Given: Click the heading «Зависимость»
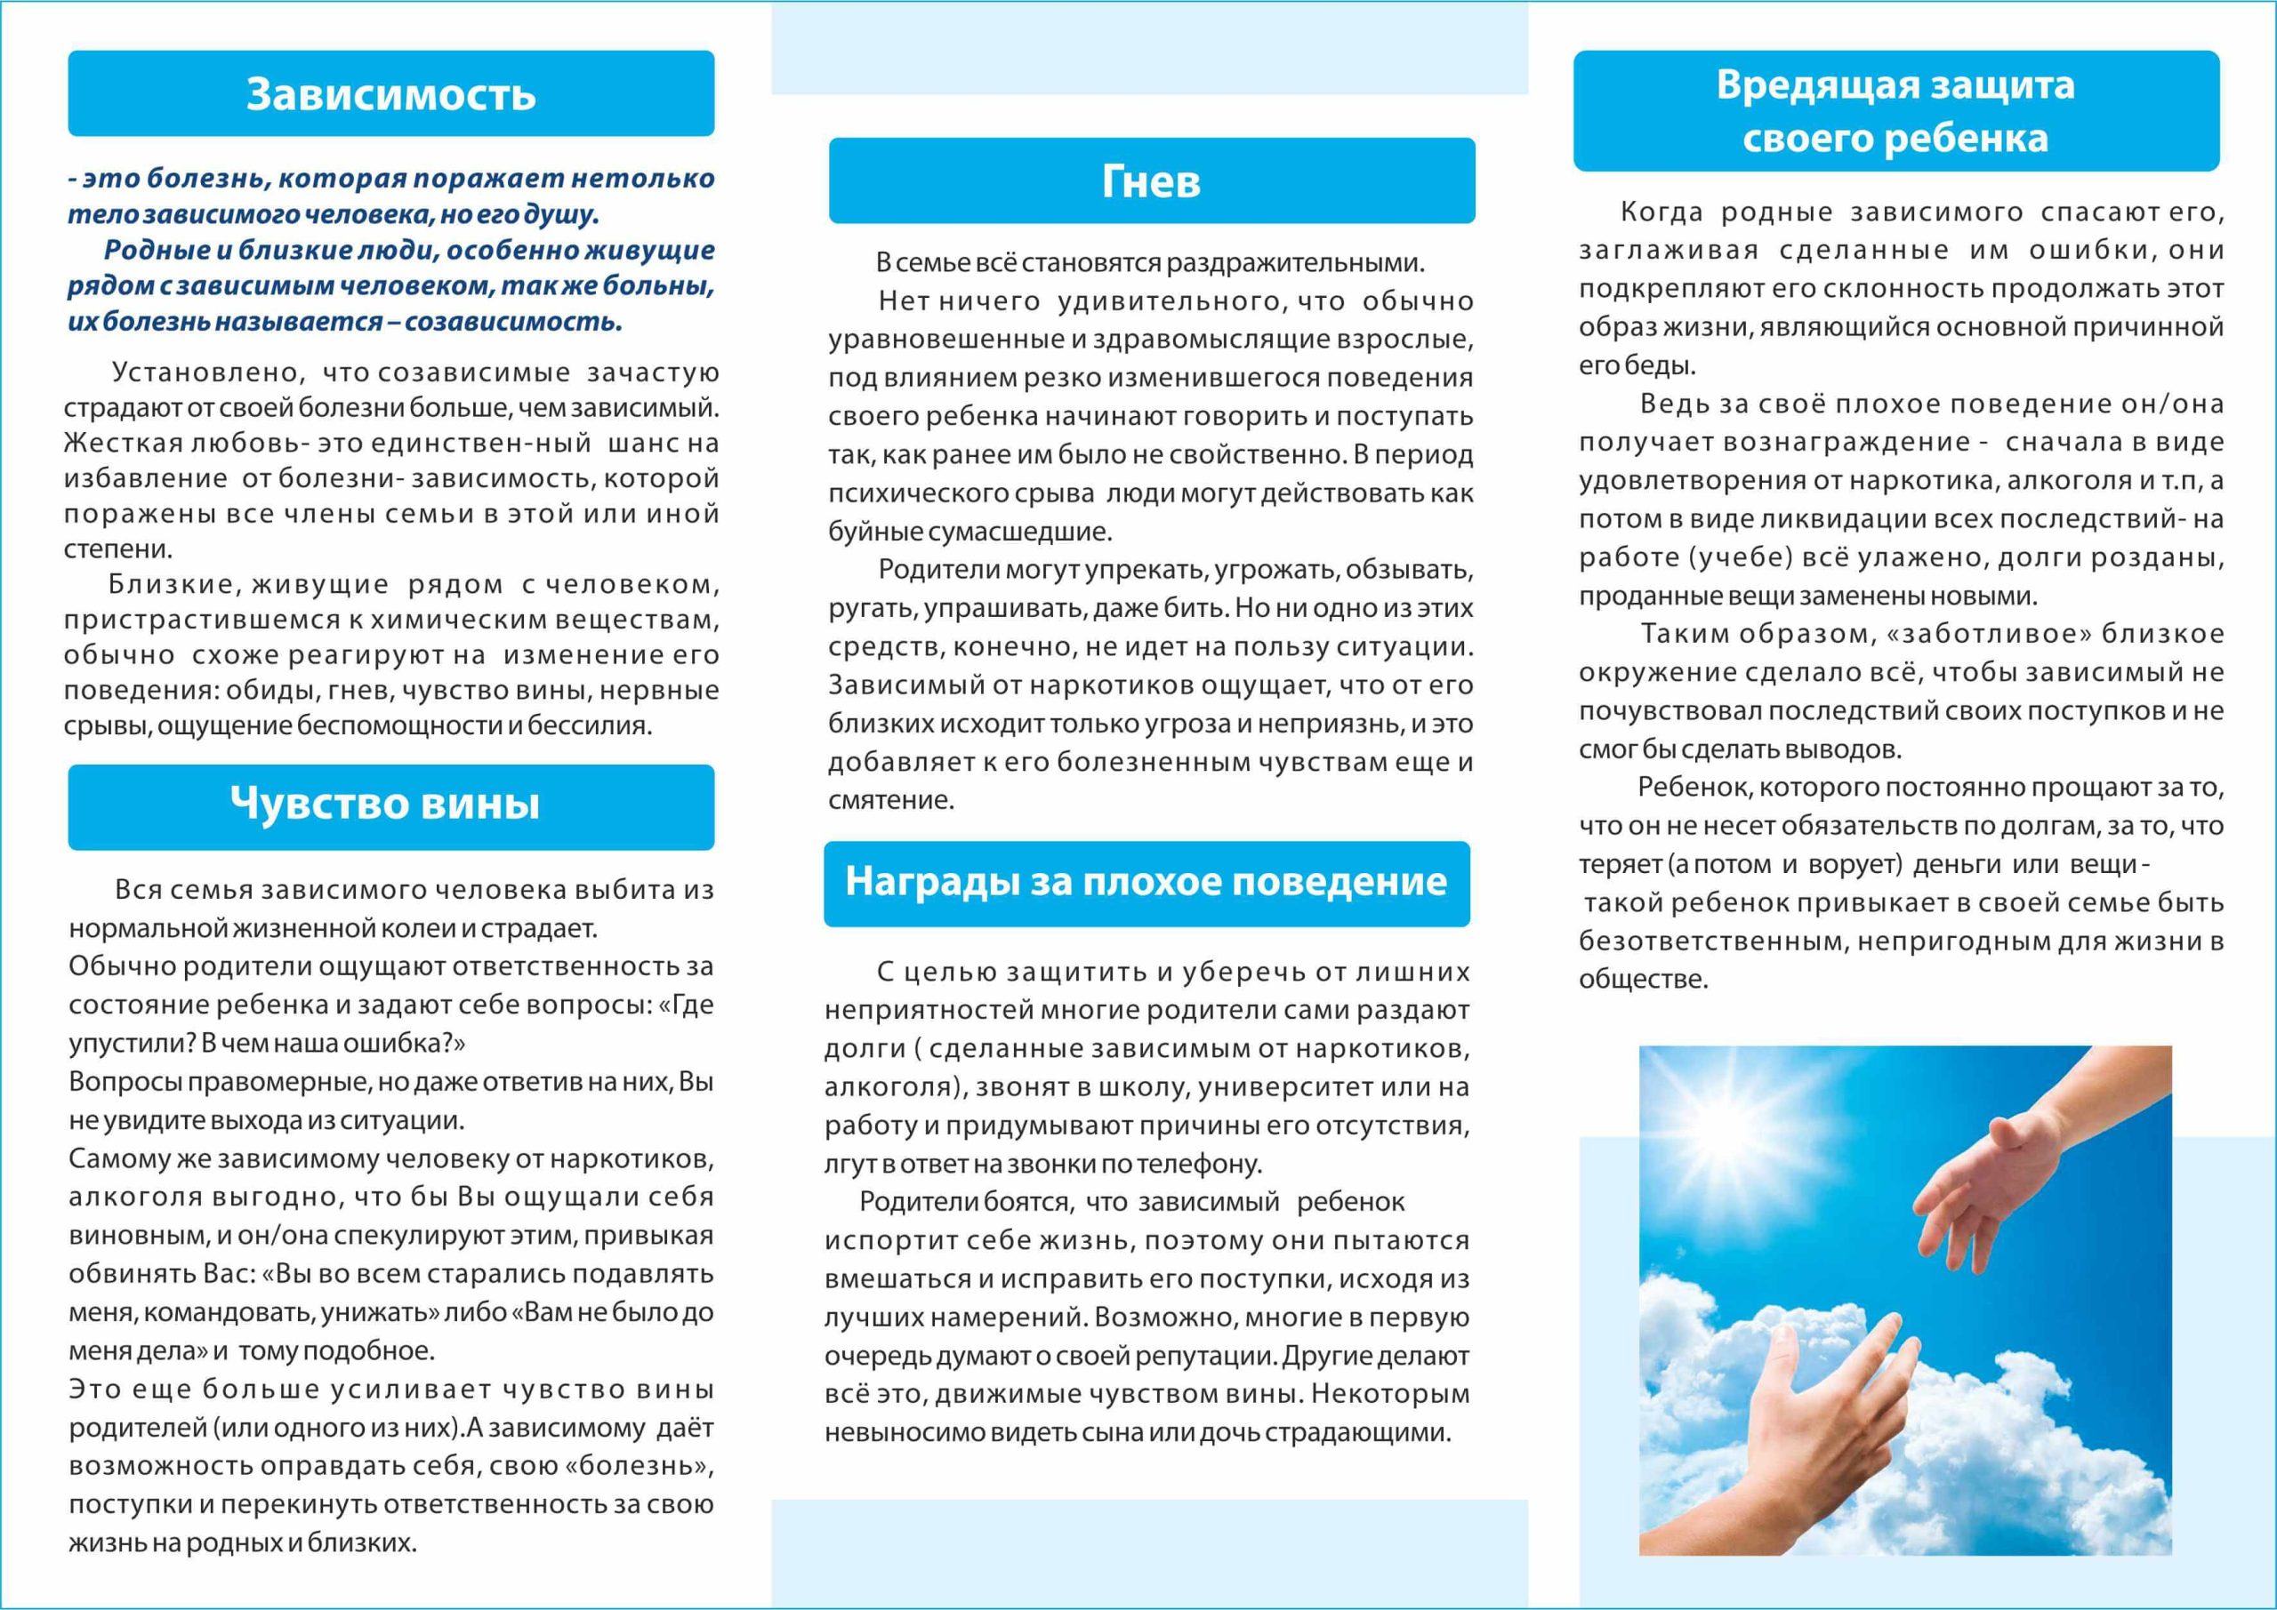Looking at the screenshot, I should point(390,94).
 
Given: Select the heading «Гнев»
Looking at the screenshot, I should point(1151,181).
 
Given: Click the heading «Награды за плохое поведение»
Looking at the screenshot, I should point(1146,880).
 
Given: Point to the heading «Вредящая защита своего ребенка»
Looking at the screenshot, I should point(1895,111).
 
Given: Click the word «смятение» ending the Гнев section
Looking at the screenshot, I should point(890,800).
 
